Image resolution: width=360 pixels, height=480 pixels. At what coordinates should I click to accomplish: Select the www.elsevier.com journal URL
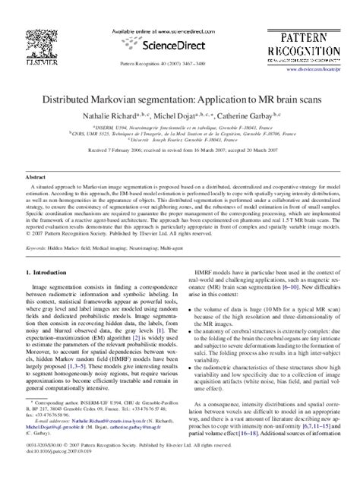pyautogui.click(x=317, y=69)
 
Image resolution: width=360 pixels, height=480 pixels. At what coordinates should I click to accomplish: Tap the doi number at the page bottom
pyautogui.click(x=65, y=471)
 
